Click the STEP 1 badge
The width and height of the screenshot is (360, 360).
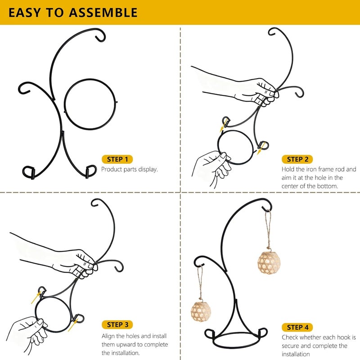point(117,159)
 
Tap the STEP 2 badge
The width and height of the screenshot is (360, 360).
point(297,159)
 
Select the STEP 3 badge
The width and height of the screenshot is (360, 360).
point(117,324)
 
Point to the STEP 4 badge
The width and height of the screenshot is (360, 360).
point(297,328)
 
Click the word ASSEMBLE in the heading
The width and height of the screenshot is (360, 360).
point(103,13)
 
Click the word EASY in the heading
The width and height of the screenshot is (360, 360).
point(25,13)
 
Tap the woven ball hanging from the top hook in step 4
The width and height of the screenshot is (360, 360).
point(269,263)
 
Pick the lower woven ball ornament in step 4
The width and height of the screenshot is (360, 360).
point(201,311)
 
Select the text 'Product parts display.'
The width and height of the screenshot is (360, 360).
point(130,170)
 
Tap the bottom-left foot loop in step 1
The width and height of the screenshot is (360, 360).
point(28,172)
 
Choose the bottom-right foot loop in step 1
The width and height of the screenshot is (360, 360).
point(91,171)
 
